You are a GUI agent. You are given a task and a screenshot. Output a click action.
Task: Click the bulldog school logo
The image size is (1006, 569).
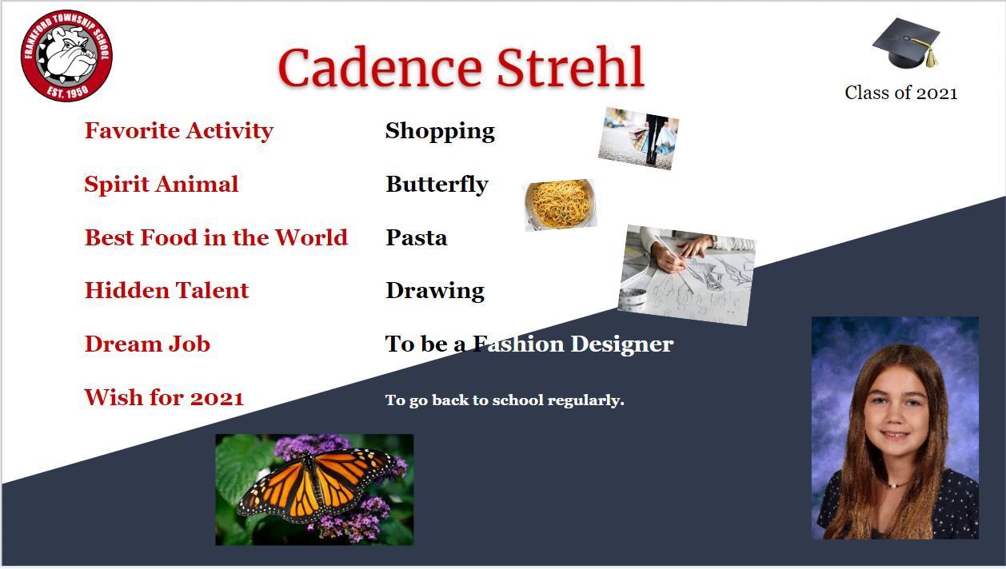point(66,56)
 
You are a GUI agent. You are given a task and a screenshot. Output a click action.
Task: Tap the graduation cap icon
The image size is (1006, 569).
point(906,43)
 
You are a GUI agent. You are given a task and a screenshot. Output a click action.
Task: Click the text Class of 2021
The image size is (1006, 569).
point(901,93)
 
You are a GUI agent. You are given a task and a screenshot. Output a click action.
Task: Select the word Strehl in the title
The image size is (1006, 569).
point(570,67)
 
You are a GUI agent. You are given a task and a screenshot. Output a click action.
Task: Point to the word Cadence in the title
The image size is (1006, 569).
point(380,68)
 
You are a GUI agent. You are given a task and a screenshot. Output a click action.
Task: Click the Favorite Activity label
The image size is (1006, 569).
point(179,131)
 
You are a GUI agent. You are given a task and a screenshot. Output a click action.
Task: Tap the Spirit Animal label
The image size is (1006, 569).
point(162,184)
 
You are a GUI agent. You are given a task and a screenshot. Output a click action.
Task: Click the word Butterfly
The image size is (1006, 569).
point(437,184)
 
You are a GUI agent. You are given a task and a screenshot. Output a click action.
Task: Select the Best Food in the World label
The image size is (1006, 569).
point(216,237)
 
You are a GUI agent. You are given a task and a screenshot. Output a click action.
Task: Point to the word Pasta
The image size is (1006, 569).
point(417,237)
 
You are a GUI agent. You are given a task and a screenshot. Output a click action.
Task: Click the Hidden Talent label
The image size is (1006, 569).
point(166,290)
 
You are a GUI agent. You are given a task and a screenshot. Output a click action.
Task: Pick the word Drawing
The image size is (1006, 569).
point(435,291)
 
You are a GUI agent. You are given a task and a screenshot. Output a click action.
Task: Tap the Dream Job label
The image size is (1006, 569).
point(147,344)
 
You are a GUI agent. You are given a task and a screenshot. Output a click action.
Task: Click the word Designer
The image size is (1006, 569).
point(622,344)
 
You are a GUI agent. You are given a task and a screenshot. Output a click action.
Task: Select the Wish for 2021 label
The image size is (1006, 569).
point(164,398)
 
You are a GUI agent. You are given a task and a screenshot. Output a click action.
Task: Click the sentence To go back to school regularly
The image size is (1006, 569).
point(505,400)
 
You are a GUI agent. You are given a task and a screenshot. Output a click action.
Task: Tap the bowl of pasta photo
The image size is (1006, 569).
point(561,205)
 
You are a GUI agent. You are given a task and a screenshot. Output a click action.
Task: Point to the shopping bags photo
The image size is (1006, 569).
point(638,138)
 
